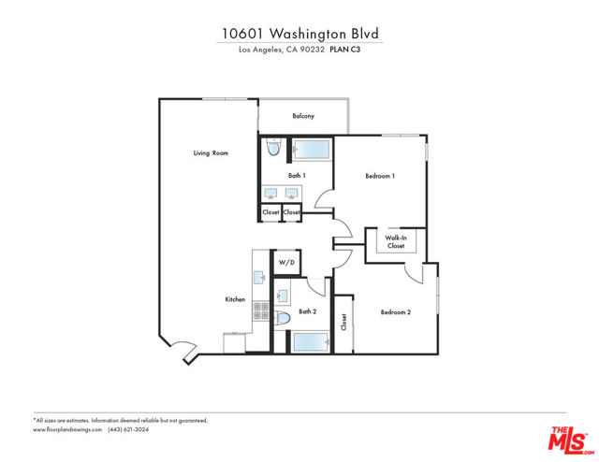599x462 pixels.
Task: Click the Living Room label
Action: click(211, 152)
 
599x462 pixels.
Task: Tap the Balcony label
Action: click(302, 116)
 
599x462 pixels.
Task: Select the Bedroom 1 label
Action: click(380, 176)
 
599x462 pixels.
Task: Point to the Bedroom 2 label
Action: click(396, 312)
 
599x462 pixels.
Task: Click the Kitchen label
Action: click(235, 299)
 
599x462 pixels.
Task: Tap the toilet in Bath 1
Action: click(273, 148)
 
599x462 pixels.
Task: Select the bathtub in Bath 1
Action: click(310, 150)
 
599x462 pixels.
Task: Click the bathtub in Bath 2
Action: click(309, 341)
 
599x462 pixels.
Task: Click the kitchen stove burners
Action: click(259, 312)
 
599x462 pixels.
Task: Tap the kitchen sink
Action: click(259, 277)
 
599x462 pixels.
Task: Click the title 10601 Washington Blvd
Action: click(300, 34)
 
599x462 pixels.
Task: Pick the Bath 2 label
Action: click(308, 311)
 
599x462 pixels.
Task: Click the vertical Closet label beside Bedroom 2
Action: click(344, 323)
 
